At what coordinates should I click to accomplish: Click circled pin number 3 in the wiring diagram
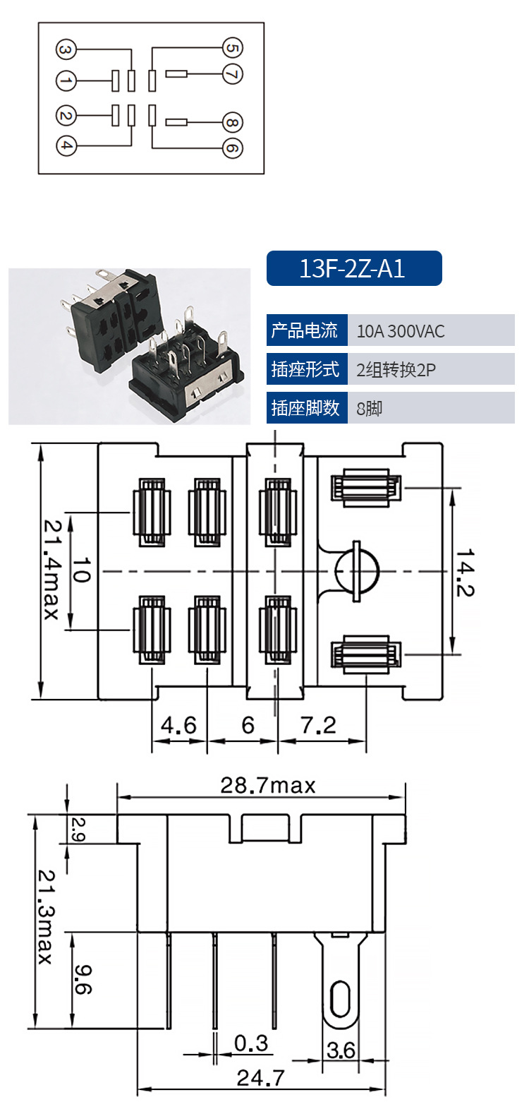click(x=66, y=49)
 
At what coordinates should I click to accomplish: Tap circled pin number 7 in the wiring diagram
click(x=233, y=74)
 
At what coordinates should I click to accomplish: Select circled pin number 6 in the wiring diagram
click(x=233, y=148)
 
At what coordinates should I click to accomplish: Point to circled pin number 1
click(x=66, y=81)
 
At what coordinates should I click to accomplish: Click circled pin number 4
click(x=66, y=145)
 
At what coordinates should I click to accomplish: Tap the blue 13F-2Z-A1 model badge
click(x=354, y=268)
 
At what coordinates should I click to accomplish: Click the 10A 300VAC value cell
click(x=431, y=330)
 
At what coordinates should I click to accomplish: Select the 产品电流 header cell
click(x=307, y=330)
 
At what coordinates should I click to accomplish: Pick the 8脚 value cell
click(x=431, y=408)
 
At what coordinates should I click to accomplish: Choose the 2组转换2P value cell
click(x=431, y=369)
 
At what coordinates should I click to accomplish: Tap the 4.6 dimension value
click(x=178, y=724)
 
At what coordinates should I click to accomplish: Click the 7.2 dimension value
click(x=319, y=724)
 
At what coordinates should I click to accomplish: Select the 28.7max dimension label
click(x=268, y=785)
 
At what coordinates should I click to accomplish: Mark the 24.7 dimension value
click(x=260, y=1078)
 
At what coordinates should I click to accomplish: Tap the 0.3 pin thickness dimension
click(x=251, y=1043)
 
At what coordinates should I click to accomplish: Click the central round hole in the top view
click(x=357, y=571)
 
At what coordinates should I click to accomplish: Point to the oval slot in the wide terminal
click(x=340, y=998)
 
